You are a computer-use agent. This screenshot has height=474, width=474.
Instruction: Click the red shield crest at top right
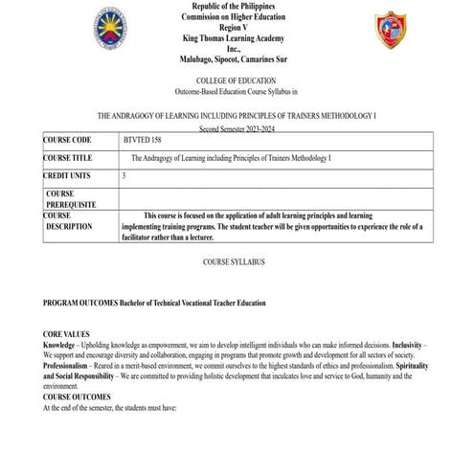pyautogui.click(x=390, y=31)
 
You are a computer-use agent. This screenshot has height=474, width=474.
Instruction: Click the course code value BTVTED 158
pyautogui.click(x=143, y=140)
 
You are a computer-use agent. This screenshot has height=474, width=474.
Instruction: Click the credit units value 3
pyautogui.click(x=124, y=176)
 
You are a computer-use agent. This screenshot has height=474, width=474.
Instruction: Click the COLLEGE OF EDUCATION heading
pyautogui.click(x=236, y=81)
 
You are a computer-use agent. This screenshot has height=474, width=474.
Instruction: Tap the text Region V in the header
pyautogui.click(x=236, y=29)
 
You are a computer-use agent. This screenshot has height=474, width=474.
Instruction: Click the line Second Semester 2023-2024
pyautogui.click(x=236, y=127)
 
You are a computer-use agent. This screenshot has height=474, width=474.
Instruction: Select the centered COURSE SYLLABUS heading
pyautogui.click(x=234, y=260)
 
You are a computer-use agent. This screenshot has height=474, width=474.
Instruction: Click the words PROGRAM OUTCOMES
pyautogui.click(x=79, y=303)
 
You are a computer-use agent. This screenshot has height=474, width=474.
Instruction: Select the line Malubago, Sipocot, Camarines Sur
pyautogui.click(x=236, y=58)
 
